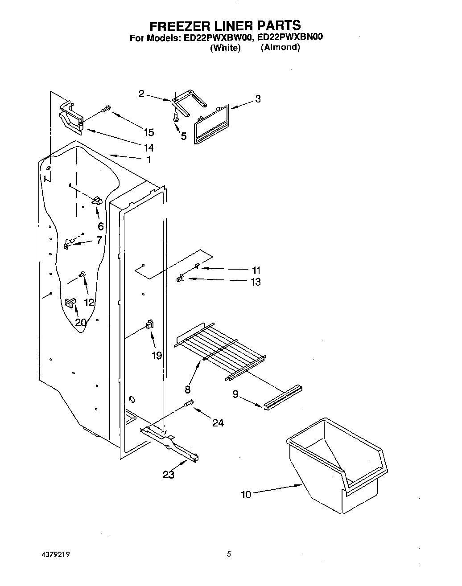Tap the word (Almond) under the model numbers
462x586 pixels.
(x=280, y=47)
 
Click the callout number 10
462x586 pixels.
(x=246, y=495)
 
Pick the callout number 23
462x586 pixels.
(x=169, y=475)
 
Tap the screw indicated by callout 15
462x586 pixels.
(x=106, y=108)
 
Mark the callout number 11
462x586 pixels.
(x=256, y=270)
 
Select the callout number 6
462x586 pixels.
(x=101, y=226)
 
